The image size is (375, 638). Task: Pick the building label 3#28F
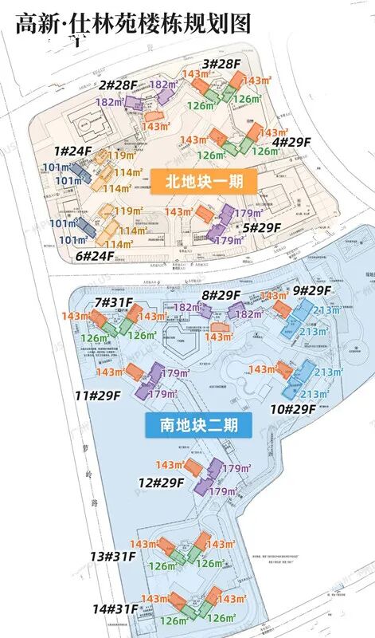(x=221, y=63)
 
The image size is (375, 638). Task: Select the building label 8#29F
(x=221, y=295)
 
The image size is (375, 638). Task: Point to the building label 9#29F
(x=313, y=291)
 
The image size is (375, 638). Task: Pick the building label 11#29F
(x=98, y=395)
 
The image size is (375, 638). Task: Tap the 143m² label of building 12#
(x=170, y=465)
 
